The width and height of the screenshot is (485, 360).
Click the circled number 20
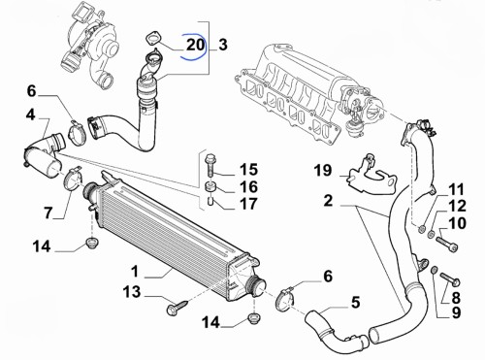pos(196,45)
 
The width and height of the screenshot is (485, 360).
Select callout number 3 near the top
pos(223,45)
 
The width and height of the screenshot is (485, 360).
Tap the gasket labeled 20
pos(152,37)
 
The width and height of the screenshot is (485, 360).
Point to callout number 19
pos(323,170)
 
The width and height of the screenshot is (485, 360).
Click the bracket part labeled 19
pos(372,177)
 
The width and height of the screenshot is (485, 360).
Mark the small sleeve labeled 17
pos(210,202)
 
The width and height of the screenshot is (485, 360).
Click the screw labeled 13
pos(177,307)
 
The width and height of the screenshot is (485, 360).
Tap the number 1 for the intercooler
pos(135,271)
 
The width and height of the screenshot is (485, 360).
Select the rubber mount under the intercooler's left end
pos(92,243)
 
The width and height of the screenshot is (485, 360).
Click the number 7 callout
pos(48,213)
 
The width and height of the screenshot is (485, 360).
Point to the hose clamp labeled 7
pos(74,180)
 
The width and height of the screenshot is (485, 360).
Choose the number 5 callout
pos(355,303)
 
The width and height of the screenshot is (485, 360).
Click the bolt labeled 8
pos(450,279)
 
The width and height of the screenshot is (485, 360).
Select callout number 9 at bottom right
pos(456,312)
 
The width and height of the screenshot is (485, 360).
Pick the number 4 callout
pos(30,115)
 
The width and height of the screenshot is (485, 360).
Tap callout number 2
pos(328,201)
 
